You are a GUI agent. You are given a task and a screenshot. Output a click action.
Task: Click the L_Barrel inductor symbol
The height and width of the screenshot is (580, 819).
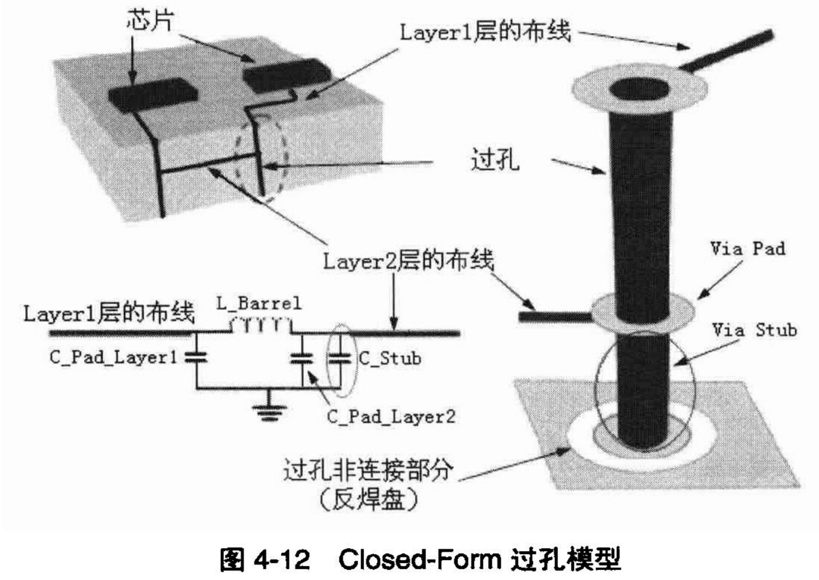click(x=261, y=326)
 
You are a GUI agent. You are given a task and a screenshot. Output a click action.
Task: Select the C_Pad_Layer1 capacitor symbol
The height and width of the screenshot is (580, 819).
click(x=196, y=357)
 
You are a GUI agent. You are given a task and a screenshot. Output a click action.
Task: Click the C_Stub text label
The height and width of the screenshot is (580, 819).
click(x=389, y=359)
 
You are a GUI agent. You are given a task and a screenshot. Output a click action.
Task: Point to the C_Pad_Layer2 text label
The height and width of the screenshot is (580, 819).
click(x=391, y=416)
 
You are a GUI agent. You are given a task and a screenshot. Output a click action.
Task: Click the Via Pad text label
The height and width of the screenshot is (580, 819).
click(x=747, y=248)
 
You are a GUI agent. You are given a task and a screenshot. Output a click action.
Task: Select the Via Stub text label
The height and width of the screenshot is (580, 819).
click(x=755, y=330)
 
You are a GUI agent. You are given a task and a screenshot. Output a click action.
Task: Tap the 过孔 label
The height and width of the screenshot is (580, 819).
click(x=495, y=161)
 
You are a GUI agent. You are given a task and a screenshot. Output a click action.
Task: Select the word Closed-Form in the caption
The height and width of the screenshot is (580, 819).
click(x=419, y=560)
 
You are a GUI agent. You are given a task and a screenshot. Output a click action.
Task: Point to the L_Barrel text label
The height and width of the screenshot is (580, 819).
click(x=259, y=303)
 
